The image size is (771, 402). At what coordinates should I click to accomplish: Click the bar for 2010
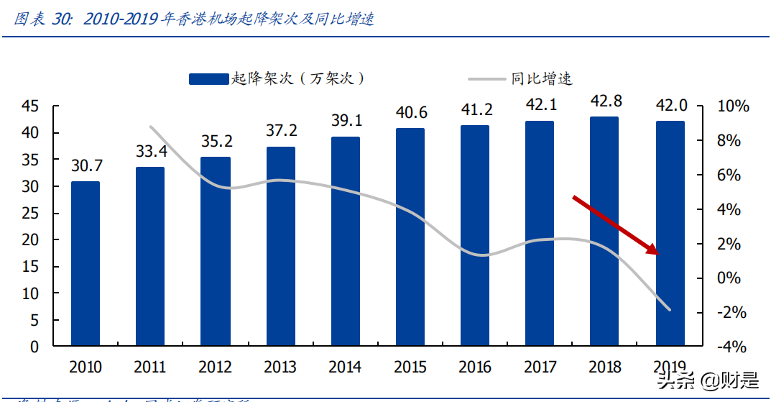point(86,263)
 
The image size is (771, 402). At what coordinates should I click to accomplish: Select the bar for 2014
point(346,241)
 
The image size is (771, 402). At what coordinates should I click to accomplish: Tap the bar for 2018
point(604,231)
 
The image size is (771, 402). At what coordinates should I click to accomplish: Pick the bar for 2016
point(475,235)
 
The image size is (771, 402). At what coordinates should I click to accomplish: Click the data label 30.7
point(86,165)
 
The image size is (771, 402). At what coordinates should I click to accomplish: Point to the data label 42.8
point(605,101)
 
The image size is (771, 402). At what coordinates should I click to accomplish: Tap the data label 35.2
point(216,142)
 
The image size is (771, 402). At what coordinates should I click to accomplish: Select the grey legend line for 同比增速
point(486,79)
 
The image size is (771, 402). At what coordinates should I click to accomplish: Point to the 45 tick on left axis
point(30,106)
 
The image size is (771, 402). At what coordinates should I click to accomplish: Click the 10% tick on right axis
point(733,106)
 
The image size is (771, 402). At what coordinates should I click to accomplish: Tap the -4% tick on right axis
point(733,347)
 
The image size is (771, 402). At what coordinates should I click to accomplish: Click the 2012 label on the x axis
point(216,367)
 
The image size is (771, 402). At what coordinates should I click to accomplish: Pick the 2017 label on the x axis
point(540,367)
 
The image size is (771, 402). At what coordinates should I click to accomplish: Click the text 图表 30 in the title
point(43,19)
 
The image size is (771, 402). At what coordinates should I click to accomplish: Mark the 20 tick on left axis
point(30,240)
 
